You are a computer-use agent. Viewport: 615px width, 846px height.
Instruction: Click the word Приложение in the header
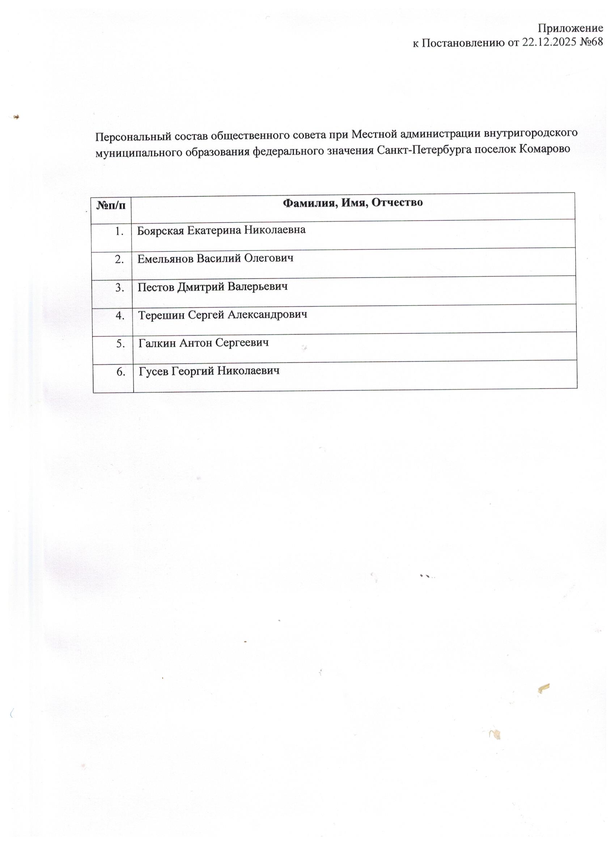(x=570, y=28)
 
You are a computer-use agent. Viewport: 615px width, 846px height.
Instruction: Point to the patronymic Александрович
(x=267, y=315)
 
